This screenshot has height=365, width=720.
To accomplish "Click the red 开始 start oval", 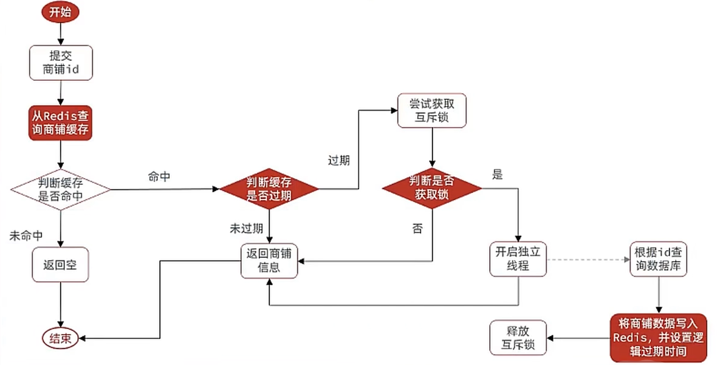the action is (61, 12).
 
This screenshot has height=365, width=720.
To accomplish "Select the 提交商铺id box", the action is (61, 63).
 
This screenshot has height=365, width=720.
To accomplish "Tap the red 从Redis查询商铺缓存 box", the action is (61, 123).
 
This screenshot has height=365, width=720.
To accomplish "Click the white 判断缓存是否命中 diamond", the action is (61, 189).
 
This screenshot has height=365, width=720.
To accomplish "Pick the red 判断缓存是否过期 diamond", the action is (269, 189).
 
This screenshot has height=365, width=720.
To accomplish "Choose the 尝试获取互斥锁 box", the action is (431, 110).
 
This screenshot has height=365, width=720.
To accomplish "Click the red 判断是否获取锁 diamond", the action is (431, 188).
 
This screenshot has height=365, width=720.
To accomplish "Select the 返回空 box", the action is (60, 265).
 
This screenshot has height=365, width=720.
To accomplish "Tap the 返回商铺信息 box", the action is (269, 260).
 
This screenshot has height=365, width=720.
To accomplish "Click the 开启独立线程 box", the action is (518, 259).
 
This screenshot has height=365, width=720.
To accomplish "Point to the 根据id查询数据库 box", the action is (659, 259).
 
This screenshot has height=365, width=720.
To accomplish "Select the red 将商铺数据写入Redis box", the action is (659, 338).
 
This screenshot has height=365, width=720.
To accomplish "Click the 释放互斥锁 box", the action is (518, 338).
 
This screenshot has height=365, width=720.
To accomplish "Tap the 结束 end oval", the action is (60, 339).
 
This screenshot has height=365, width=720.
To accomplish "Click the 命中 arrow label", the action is (159, 177).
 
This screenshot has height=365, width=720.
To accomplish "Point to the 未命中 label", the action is (26, 236).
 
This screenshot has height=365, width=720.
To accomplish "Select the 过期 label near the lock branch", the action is (339, 161).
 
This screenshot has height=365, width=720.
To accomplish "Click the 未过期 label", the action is (247, 229).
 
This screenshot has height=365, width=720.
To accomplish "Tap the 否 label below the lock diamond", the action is (417, 229).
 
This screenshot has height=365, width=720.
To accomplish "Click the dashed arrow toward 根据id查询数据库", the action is (588, 259).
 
